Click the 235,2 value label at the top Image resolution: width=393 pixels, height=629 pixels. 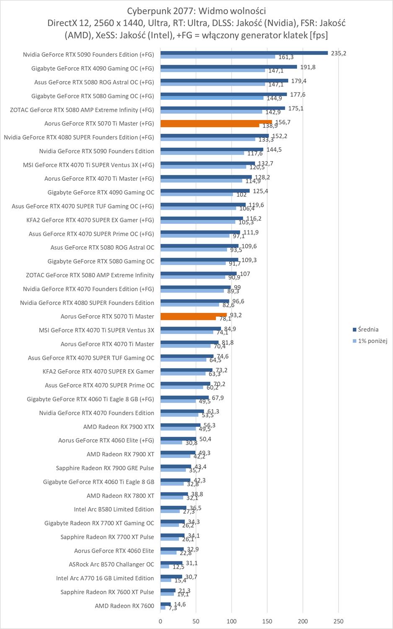(x=339, y=53)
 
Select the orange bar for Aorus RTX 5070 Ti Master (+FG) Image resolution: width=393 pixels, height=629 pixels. (x=216, y=122)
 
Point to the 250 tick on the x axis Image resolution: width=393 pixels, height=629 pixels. (x=339, y=621)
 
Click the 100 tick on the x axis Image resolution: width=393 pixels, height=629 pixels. (x=232, y=621)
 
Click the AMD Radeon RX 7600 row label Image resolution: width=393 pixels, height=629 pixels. (x=124, y=606)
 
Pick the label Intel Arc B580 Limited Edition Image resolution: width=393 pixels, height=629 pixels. (x=114, y=509)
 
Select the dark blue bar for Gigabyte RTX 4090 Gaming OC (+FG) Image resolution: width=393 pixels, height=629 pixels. (x=228, y=67)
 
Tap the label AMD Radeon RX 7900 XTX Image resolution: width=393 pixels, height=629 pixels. (x=119, y=427)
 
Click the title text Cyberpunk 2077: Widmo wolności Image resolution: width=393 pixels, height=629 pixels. (x=196, y=11)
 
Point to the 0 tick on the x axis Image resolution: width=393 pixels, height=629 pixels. (x=160, y=621)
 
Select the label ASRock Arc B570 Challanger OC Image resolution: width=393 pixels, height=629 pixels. (x=111, y=564)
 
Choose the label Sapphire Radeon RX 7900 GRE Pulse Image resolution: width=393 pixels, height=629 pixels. (x=105, y=468)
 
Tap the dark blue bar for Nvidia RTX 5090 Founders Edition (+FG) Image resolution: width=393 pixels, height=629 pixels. (x=244, y=53)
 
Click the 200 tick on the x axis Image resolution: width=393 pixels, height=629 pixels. (x=303, y=621)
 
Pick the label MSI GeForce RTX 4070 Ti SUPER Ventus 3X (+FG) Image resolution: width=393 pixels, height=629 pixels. (x=88, y=165)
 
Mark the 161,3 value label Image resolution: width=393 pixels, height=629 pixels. (x=286, y=57)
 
